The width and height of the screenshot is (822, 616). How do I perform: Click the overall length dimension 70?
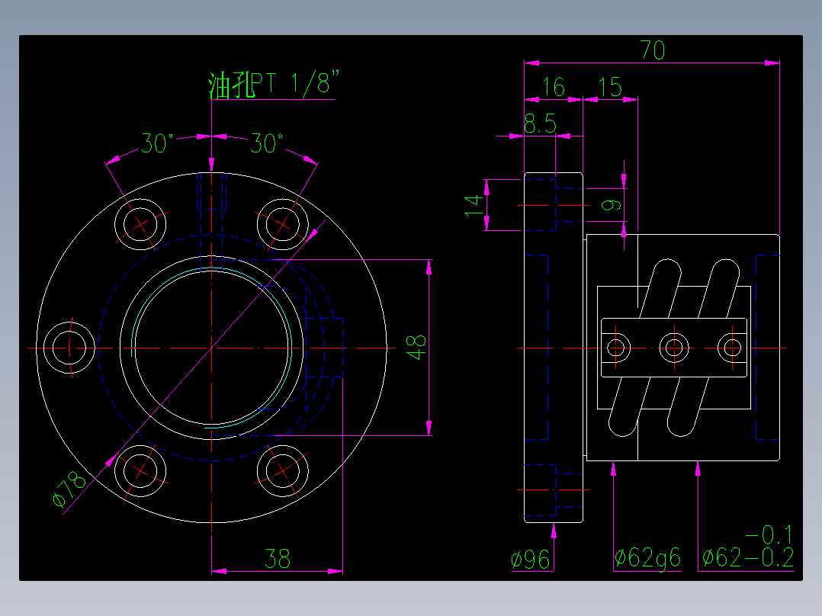click(653, 50)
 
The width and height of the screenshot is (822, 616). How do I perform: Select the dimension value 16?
click(553, 88)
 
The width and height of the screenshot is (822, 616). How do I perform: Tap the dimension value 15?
click(609, 88)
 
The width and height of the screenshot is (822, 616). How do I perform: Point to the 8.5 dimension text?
click(540, 124)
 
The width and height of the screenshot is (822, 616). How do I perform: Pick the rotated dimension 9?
click(610, 204)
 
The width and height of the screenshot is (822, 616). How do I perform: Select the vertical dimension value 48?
click(416, 348)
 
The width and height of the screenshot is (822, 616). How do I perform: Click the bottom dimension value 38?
click(277, 560)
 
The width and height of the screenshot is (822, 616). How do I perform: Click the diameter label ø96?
click(531, 560)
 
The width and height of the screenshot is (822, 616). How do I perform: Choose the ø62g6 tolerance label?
click(647, 559)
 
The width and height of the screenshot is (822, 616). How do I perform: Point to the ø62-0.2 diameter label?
click(747, 559)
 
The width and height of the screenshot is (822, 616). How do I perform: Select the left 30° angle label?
click(157, 143)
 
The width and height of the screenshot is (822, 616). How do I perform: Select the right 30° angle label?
click(267, 143)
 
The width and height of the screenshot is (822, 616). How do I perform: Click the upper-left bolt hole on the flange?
click(140, 223)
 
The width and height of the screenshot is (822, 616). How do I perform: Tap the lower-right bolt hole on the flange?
click(283, 470)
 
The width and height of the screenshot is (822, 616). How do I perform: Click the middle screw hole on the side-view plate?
click(673, 348)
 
